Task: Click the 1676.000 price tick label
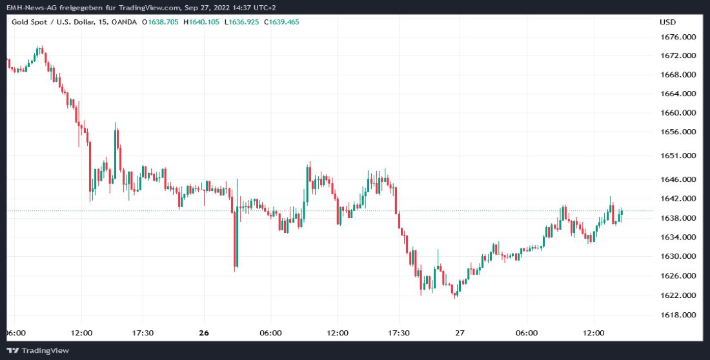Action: click(678, 37)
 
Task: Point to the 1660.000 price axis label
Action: click(678, 113)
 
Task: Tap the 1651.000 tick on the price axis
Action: click(678, 155)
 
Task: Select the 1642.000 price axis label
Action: click(678, 199)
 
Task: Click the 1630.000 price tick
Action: click(678, 256)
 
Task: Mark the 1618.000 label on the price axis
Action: click(678, 315)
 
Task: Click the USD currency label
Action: click(667, 22)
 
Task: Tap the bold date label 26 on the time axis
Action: click(204, 333)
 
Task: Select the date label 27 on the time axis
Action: click(460, 333)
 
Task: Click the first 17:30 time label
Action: click(143, 333)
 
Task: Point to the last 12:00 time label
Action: click(593, 333)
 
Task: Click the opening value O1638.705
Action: click(161, 22)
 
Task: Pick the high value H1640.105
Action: click(201, 22)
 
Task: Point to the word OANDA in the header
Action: click(125, 22)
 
